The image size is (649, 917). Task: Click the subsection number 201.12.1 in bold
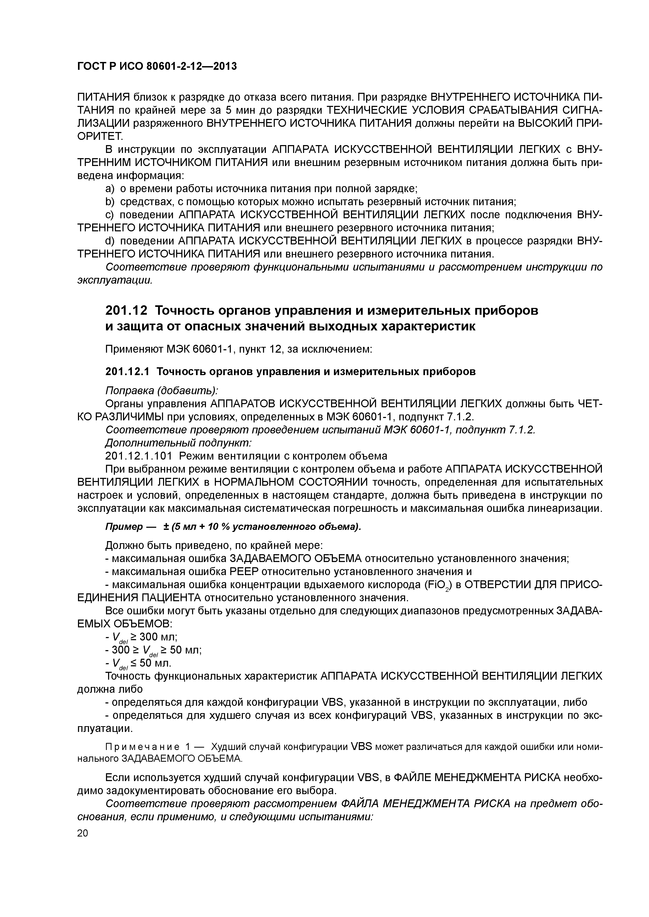tap(127, 371)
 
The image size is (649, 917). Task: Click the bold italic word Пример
tap(124, 527)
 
